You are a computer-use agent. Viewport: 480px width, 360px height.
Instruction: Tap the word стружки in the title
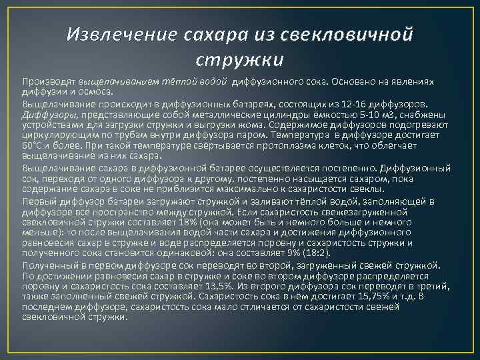point(240,60)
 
